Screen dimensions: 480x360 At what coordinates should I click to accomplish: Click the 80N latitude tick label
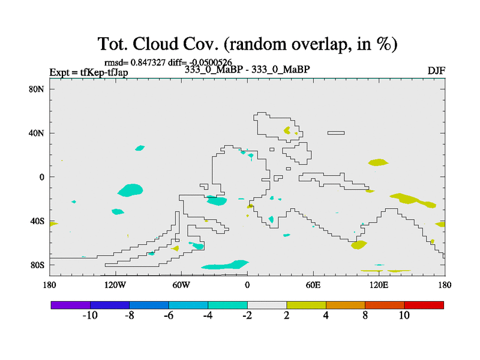point(36,89)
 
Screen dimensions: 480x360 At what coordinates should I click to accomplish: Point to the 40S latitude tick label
point(37,221)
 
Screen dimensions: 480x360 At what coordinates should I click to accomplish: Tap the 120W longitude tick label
point(115,286)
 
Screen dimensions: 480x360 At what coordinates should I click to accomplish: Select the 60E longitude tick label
point(313,286)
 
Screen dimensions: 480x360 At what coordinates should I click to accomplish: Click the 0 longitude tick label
point(247,286)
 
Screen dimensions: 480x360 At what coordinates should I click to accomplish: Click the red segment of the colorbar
point(424,305)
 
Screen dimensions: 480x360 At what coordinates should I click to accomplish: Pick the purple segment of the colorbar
point(71,305)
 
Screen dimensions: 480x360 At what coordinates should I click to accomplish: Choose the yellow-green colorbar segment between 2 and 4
point(306,305)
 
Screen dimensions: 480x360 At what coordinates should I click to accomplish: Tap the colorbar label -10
point(90,316)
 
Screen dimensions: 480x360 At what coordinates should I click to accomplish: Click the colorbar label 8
point(365,316)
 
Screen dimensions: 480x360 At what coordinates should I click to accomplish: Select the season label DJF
point(436,71)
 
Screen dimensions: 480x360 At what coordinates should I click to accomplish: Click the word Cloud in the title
point(155,44)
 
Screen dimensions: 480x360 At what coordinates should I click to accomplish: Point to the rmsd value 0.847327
point(148,62)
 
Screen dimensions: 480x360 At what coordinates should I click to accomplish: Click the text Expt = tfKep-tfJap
point(89,73)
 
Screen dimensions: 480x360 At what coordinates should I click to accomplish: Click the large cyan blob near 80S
point(225,265)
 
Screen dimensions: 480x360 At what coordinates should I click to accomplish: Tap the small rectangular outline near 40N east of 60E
point(336,133)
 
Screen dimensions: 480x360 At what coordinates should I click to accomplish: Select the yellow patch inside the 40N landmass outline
point(287,131)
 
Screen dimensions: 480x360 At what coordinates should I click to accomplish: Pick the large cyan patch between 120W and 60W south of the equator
point(130,190)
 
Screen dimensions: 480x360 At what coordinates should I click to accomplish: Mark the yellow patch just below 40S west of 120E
point(358,245)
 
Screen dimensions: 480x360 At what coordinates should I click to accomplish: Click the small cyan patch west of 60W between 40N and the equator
point(140,148)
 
